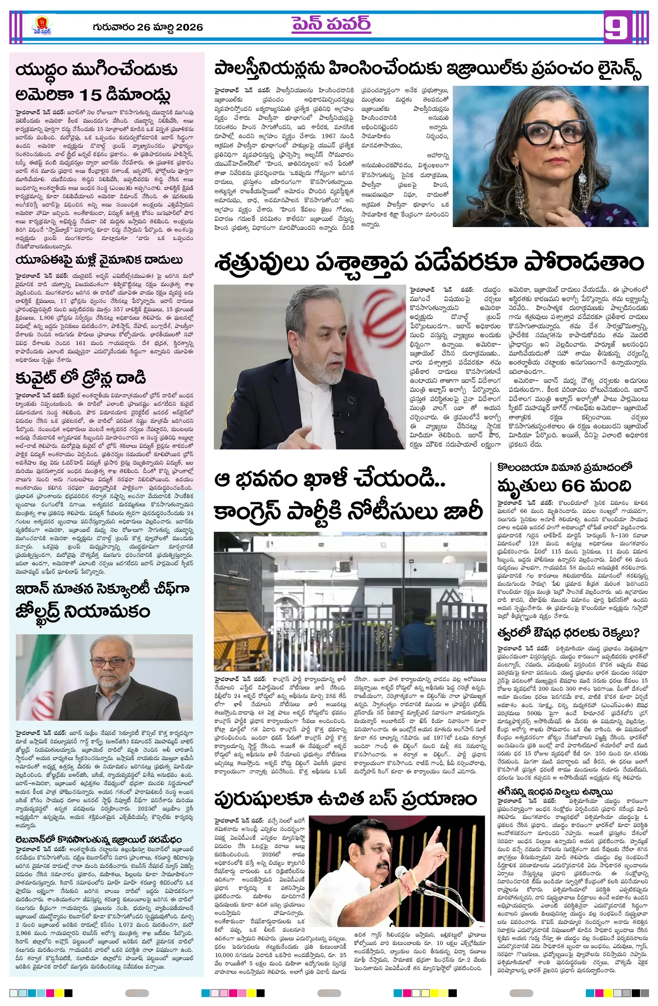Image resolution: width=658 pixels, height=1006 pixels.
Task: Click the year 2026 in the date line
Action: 189,27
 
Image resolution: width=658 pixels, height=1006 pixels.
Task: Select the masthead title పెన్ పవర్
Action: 331,25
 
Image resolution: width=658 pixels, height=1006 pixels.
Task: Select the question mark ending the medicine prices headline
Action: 635,633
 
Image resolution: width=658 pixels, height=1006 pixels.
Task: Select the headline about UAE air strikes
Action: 99,260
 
